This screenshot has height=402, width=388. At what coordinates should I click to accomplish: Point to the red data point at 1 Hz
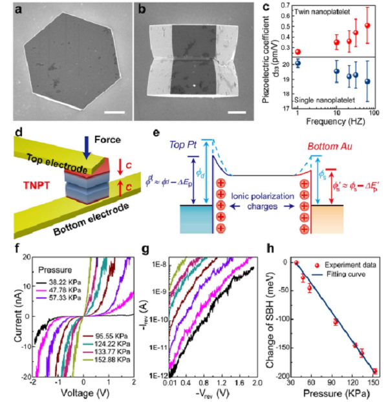(298, 52)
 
